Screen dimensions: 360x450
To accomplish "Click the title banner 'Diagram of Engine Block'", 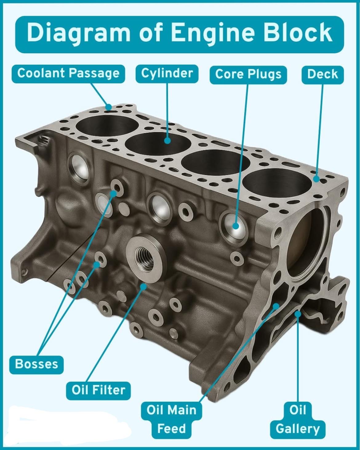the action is [x=179, y=34].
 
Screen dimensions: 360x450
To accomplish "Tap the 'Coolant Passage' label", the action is [x=68, y=74].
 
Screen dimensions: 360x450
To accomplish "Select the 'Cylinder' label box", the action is [x=167, y=74].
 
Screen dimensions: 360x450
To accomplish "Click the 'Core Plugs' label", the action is [x=248, y=75].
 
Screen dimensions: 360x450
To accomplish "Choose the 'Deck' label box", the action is [x=322, y=75].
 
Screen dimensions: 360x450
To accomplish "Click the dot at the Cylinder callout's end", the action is [x=167, y=140].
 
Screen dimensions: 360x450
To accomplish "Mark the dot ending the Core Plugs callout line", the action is [x=236, y=226].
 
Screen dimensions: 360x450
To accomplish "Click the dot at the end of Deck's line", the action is [x=317, y=179].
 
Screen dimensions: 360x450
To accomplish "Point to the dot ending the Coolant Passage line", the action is [x=108, y=107].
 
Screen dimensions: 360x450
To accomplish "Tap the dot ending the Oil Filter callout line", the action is [x=143, y=287].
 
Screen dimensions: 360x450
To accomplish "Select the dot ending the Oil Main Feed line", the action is [x=276, y=306].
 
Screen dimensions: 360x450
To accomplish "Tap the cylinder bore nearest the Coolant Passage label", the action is [x=107, y=126].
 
